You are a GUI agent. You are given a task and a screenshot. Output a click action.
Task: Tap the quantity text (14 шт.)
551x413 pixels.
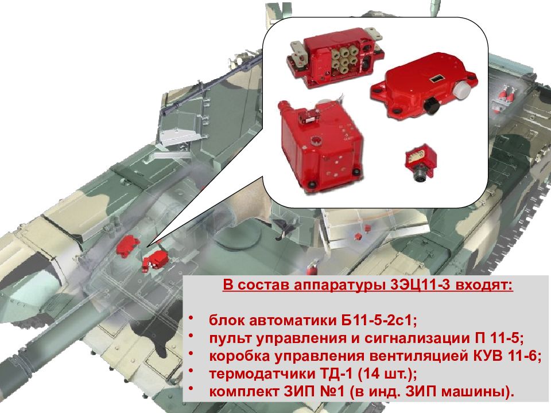point(387,374)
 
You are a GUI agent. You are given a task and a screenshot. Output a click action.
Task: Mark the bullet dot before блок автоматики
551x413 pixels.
point(191,318)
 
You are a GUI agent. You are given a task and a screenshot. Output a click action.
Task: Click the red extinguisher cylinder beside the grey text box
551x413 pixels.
point(311,270)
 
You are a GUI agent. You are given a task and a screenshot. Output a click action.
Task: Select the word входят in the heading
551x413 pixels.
point(484,285)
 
